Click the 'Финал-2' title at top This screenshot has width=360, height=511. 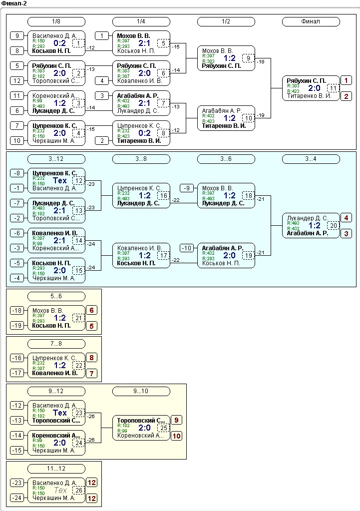pos(14,3)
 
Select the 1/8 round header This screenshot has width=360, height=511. pos(56,21)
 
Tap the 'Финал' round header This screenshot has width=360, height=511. pos(311,21)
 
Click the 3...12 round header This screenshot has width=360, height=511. pos(56,159)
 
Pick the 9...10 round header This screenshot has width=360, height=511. pos(141,391)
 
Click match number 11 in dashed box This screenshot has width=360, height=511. pos(333,88)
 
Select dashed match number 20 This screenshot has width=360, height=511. pos(333,225)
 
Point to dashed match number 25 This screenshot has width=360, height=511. pos(164,428)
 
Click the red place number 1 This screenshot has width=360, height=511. pos(346,80)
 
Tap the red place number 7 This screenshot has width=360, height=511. pos(91,374)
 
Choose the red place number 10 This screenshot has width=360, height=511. pos(177,436)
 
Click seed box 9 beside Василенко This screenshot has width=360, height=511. pos(17,35)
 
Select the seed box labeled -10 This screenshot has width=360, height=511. pos(187,248)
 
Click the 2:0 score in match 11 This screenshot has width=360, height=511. pos(315,88)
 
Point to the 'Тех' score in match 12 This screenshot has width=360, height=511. pos(60,180)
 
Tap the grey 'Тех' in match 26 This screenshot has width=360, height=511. pos(60,490)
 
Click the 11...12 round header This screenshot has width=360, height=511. pos(56,469)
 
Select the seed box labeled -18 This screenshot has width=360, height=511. pos(17,310)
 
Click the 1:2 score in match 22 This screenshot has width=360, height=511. pos(60,365)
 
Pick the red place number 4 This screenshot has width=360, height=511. pos(346,218)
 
